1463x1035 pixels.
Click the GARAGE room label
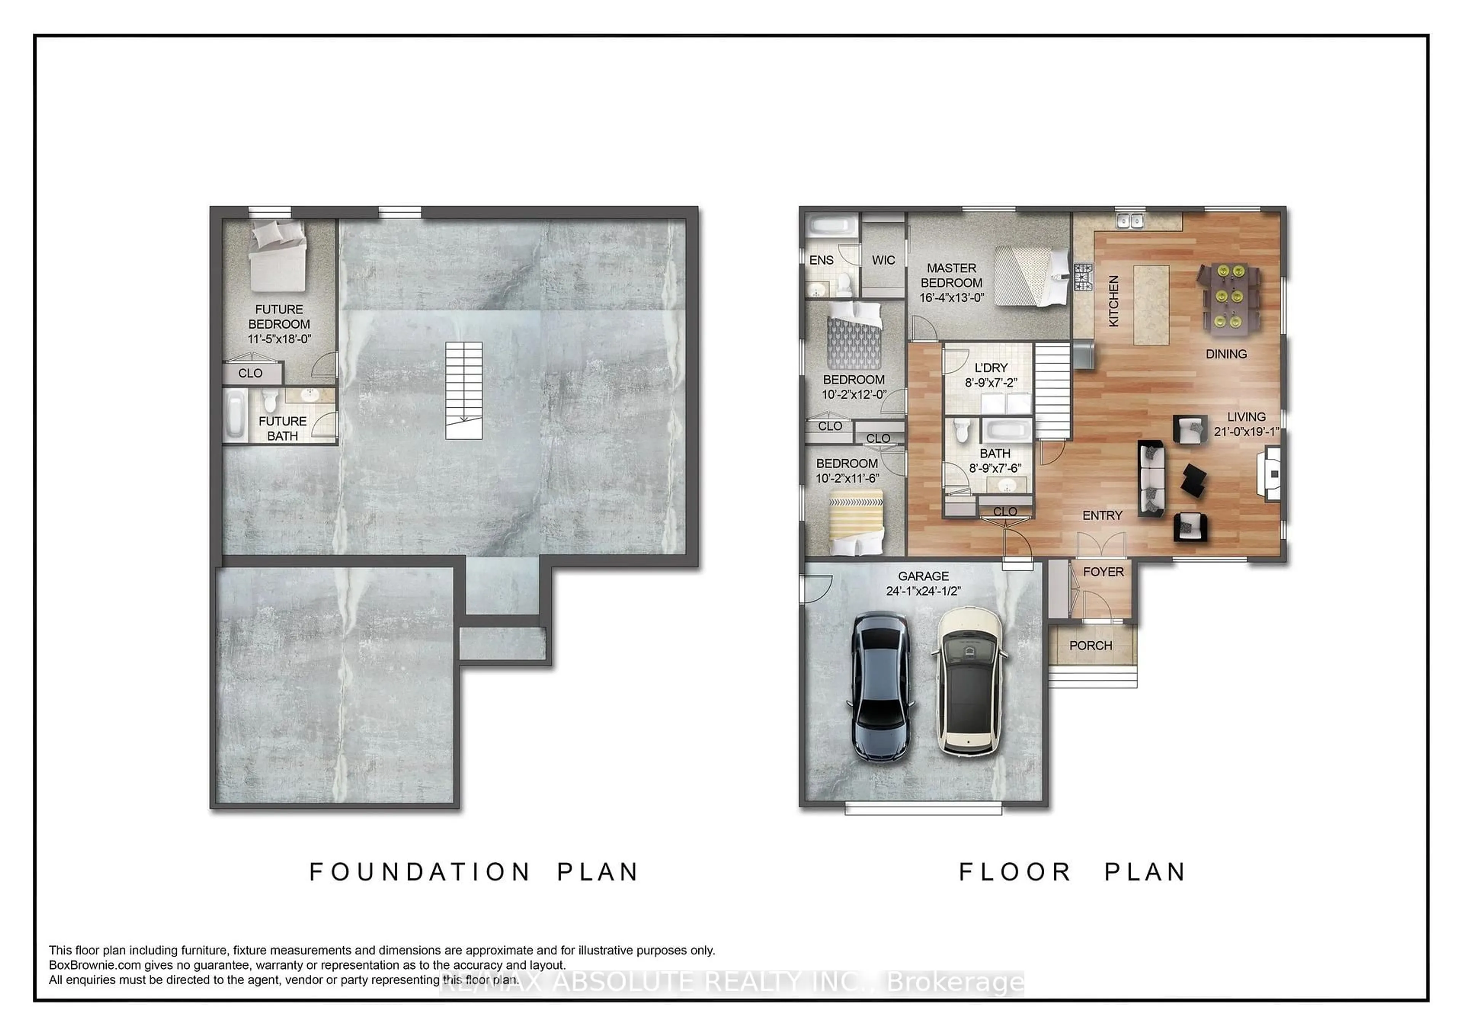click(923, 575)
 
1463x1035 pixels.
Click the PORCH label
click(1090, 646)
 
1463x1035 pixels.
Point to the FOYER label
click(1103, 572)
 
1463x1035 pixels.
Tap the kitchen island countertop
click(1151, 304)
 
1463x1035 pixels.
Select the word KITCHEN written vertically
click(1113, 301)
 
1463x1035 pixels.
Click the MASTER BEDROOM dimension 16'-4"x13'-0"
click(951, 298)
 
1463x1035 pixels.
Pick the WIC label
click(883, 260)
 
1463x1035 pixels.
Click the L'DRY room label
click(991, 368)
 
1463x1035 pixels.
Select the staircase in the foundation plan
click(463, 390)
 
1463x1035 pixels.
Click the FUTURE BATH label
click(282, 428)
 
